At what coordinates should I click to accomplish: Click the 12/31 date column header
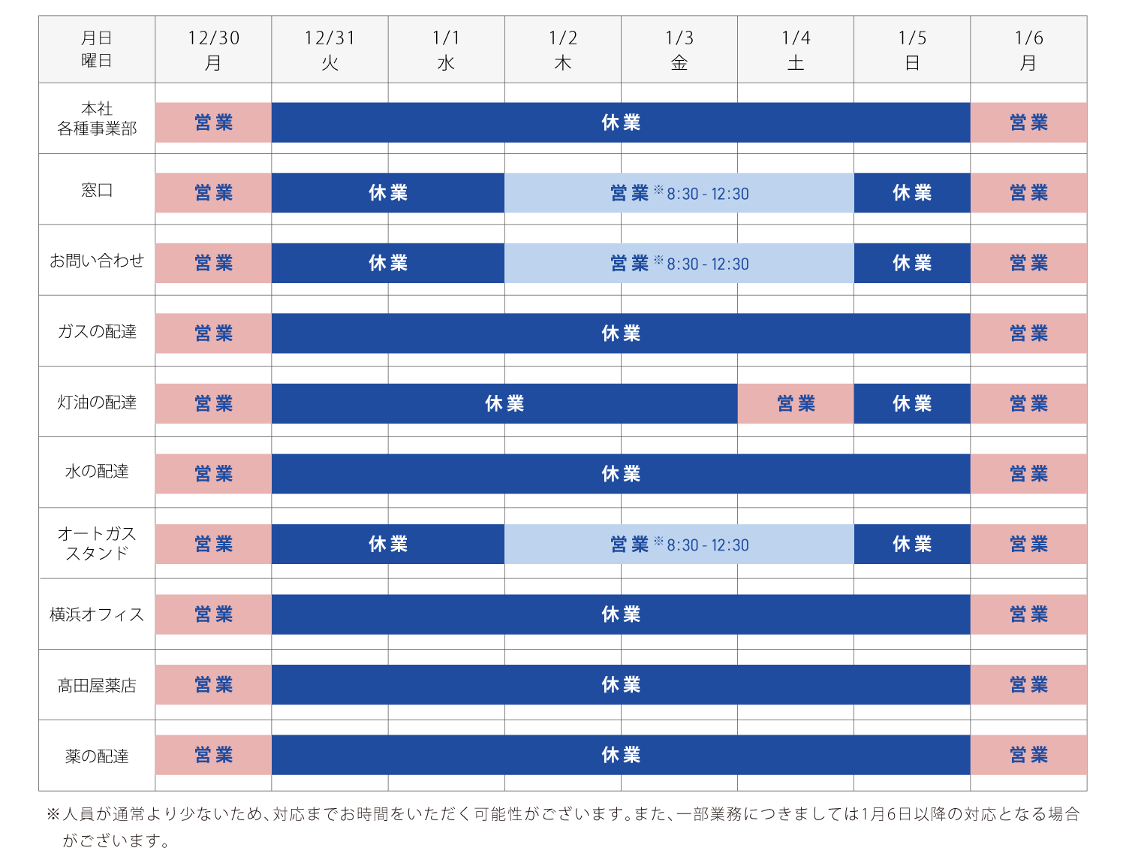pyautogui.click(x=330, y=50)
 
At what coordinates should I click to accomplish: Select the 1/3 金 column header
pyautogui.click(x=679, y=50)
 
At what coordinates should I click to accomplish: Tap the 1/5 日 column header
pyautogui.click(x=912, y=50)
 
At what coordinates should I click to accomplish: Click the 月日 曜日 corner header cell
pyautogui.click(x=97, y=50)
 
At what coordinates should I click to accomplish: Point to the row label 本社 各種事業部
pyautogui.click(x=97, y=119)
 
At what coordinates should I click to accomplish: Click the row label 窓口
pyautogui.click(x=97, y=190)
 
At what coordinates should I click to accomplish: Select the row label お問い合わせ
pyautogui.click(x=97, y=261)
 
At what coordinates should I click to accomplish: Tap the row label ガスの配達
pyautogui.click(x=97, y=331)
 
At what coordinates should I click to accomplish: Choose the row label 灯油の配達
pyautogui.click(x=97, y=402)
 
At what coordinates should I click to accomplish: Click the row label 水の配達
pyautogui.click(x=97, y=472)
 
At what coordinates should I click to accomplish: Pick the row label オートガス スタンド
pyautogui.click(x=97, y=543)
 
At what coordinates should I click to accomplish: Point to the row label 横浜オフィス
pyautogui.click(x=97, y=614)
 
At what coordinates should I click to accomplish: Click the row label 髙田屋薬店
pyautogui.click(x=97, y=685)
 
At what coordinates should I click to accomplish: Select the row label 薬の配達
pyautogui.click(x=97, y=756)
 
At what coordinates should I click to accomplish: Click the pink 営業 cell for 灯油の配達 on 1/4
pyautogui.click(x=796, y=404)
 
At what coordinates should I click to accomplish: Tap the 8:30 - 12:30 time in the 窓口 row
pyautogui.click(x=707, y=194)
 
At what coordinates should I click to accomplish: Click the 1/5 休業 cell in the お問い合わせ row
pyautogui.click(x=912, y=263)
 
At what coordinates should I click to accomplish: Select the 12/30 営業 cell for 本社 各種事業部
pyautogui.click(x=213, y=122)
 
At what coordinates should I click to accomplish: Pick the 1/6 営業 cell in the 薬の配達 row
pyautogui.click(x=1028, y=755)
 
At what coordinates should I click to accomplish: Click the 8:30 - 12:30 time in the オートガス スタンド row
pyautogui.click(x=707, y=545)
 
